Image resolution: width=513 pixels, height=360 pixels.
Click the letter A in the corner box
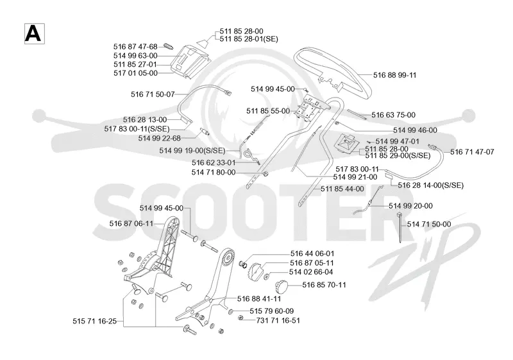click(x=34, y=33)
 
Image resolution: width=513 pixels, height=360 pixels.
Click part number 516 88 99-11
click(x=394, y=75)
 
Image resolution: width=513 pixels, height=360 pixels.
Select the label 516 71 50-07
click(x=153, y=94)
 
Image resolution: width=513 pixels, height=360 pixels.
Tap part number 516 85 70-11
click(x=324, y=285)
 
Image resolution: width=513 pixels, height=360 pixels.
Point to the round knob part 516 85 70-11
click(x=282, y=287)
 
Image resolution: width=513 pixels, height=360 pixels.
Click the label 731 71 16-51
click(x=278, y=320)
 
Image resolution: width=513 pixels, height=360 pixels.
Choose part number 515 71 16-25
click(x=94, y=321)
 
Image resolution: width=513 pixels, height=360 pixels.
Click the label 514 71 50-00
click(x=429, y=224)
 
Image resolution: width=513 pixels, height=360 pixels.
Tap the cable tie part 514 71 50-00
click(x=399, y=227)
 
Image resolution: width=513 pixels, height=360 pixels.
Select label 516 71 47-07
click(x=472, y=152)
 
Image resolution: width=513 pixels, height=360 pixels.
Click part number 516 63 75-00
click(x=393, y=115)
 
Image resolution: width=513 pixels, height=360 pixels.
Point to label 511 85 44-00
click(x=342, y=189)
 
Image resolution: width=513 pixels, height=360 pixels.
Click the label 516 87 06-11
click(x=131, y=223)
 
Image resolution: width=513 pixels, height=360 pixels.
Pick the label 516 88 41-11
click(x=259, y=298)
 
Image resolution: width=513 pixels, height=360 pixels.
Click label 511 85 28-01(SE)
click(x=249, y=39)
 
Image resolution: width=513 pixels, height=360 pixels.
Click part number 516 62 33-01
click(x=214, y=162)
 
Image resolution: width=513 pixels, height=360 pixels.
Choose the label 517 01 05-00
click(x=135, y=73)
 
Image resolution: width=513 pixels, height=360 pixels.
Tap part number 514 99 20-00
click(x=410, y=206)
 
